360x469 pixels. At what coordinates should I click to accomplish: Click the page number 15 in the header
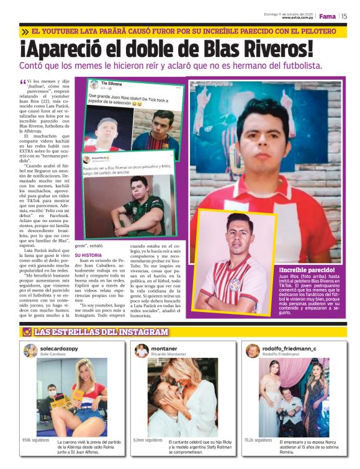click(x=344, y=16)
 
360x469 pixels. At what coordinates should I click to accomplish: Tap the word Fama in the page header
click(x=327, y=16)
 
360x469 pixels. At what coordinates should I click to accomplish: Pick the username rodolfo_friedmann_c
click(x=289, y=349)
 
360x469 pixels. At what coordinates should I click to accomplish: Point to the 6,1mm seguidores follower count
click(x=148, y=440)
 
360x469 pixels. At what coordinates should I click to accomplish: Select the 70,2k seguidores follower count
click(x=258, y=440)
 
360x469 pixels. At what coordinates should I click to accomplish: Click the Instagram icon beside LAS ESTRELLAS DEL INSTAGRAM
click(x=27, y=332)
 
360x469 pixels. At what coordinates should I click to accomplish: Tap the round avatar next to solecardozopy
click(x=30, y=351)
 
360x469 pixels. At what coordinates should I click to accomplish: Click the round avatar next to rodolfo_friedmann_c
click(x=252, y=351)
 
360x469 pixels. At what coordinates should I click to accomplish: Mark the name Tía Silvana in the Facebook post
click(x=112, y=83)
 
